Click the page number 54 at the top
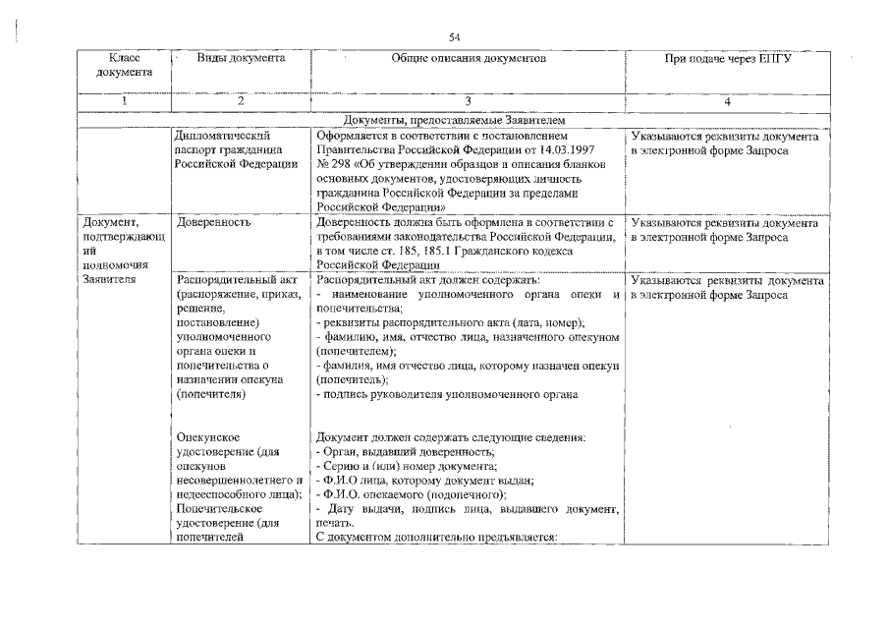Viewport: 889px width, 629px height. pos(455,37)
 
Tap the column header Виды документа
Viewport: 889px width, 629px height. pos(241,59)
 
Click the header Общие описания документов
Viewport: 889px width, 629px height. pos(468,59)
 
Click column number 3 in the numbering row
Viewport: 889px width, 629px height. pos(468,100)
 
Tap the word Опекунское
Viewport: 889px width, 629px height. pos(209,437)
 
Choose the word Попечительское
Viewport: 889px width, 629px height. pos(217,509)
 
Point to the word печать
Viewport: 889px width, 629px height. pos(335,524)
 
